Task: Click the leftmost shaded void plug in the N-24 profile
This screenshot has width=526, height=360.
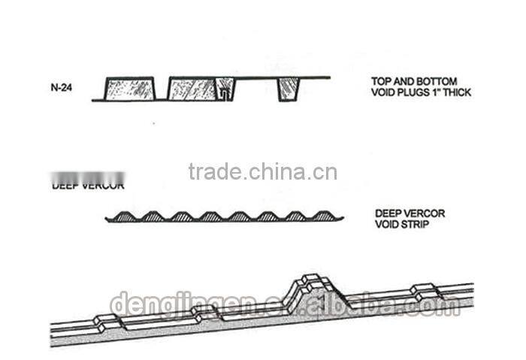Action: click(128, 89)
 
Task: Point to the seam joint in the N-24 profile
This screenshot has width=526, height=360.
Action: click(224, 91)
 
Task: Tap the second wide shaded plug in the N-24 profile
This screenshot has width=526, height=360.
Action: click(191, 89)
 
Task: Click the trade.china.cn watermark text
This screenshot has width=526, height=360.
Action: click(262, 172)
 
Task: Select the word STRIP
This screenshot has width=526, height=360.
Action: click(416, 224)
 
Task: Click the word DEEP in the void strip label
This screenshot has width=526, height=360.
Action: click(388, 213)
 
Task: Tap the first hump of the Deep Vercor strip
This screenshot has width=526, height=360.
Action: click(122, 216)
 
